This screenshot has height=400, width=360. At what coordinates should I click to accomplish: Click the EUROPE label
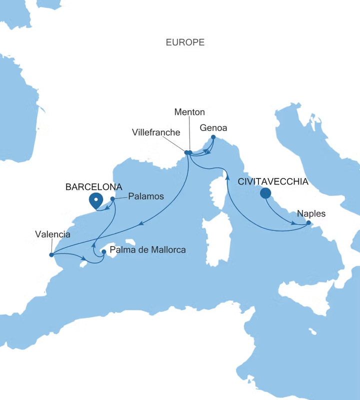185,42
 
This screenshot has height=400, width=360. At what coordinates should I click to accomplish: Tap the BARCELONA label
94,186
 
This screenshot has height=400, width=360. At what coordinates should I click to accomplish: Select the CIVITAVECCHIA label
273,181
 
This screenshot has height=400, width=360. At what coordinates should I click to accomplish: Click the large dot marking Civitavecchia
265,193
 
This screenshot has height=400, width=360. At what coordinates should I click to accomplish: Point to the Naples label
311,213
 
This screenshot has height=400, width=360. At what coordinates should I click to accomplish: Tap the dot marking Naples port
308,222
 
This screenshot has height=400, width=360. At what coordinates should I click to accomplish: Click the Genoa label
213,128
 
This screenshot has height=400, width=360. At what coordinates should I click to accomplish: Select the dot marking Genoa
213,137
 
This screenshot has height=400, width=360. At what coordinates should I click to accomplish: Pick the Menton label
189,112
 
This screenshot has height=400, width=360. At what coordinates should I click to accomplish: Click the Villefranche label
156,132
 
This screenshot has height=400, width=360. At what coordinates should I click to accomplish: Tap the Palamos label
146,196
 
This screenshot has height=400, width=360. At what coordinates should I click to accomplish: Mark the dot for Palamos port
112,199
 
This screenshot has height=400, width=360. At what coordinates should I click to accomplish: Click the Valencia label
52,233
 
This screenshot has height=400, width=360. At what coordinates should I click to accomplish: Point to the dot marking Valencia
51,254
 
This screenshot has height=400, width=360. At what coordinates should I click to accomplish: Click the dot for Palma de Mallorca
104,252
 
